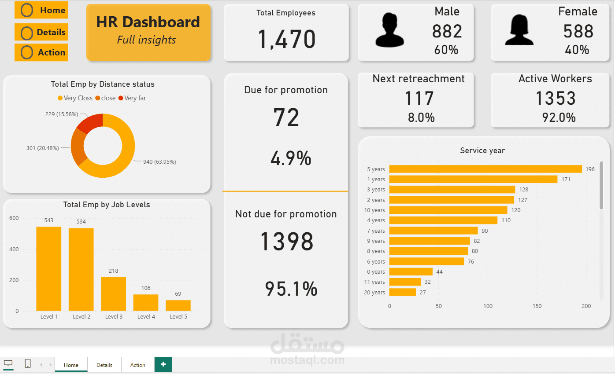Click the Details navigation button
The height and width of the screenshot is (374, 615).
point(41,32)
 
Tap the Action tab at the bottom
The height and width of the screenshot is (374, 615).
point(137,365)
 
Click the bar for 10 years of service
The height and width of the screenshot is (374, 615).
point(448,210)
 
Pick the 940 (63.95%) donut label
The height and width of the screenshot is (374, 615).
point(159,162)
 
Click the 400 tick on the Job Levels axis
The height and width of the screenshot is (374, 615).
point(14,249)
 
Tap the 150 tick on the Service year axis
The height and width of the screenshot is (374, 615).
point(537,306)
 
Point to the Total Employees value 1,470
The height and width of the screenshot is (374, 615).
point(286,39)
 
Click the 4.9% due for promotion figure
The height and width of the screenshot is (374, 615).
point(291,158)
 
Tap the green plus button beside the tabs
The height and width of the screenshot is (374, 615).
point(163,364)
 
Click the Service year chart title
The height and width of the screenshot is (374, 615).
point(482,150)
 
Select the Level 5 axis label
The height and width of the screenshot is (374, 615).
point(178,317)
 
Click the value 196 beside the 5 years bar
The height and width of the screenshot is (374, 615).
point(590,169)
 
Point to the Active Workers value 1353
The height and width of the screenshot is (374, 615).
point(555,99)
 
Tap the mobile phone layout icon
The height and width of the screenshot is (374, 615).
point(28,363)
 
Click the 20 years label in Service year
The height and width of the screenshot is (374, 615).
point(374,293)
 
